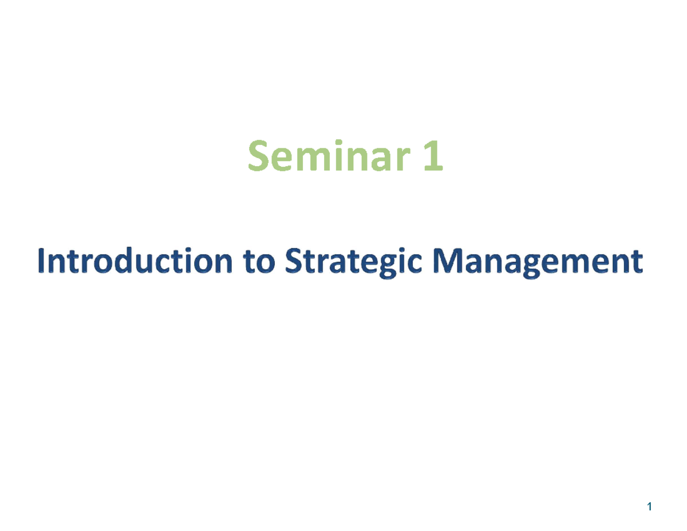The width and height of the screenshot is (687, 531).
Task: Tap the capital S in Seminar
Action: pos(258,158)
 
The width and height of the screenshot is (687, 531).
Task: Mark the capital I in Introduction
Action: pos(41,263)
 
